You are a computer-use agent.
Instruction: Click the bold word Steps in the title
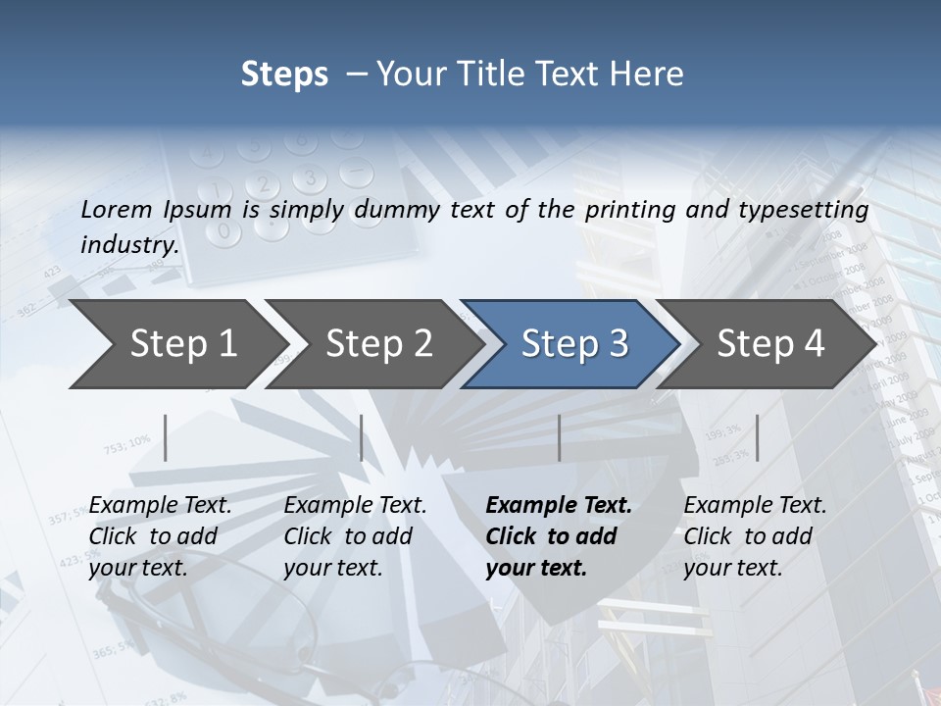pos(284,75)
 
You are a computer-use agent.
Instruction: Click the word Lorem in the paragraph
pos(115,209)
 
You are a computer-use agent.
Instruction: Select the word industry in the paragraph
pos(128,244)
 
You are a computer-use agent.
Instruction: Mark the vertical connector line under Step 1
pos(166,437)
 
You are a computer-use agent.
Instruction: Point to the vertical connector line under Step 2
pos(362,437)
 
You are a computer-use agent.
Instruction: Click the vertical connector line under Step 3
pos(560,437)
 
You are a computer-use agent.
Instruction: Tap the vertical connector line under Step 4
pos(757,437)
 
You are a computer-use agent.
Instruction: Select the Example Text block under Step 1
pos(160,536)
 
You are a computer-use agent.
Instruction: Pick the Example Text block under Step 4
pos(755,536)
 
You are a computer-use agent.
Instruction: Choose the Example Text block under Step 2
pos(355,536)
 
